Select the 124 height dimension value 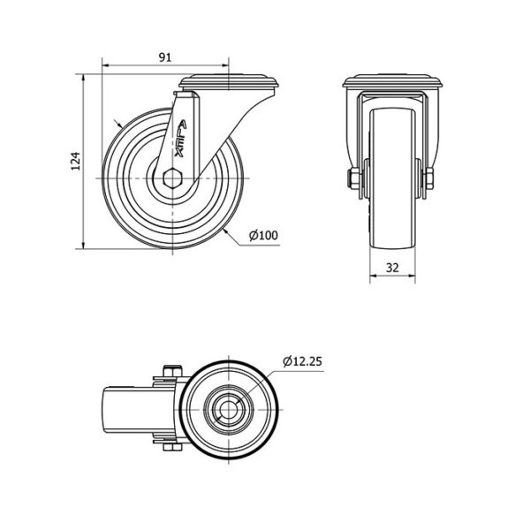[76, 162]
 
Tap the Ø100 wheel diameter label [262, 235]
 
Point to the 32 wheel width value [392, 267]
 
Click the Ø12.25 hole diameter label [302, 360]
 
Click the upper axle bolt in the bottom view [171, 371]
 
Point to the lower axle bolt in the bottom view [171, 449]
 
